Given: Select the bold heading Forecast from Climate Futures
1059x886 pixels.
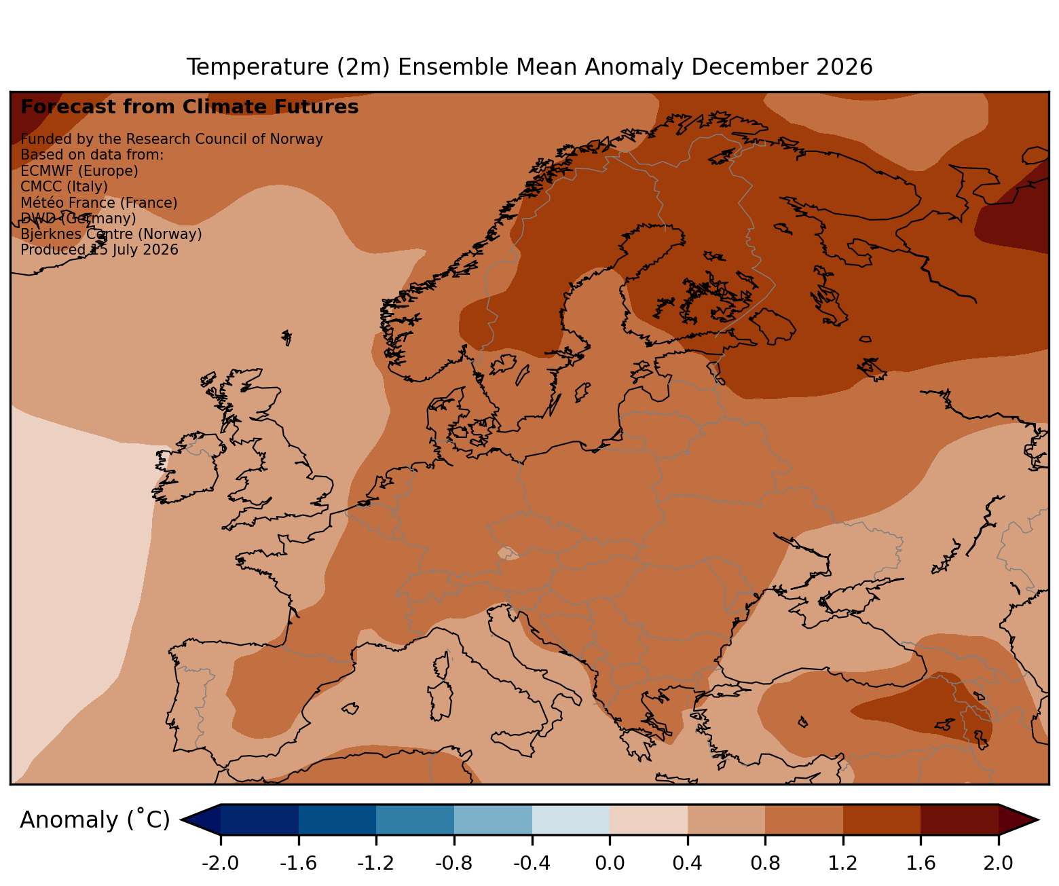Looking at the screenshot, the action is point(189,107).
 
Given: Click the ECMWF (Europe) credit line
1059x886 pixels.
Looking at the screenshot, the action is point(79,171).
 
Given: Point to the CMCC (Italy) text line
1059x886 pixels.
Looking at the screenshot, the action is point(64,187).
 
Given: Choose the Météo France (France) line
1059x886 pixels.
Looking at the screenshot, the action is point(99,203).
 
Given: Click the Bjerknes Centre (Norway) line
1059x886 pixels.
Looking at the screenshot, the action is point(111,234).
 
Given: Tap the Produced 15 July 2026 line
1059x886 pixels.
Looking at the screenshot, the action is point(99,250).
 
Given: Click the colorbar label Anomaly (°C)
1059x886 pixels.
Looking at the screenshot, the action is point(95,819).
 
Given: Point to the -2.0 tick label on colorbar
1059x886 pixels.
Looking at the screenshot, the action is point(220,863).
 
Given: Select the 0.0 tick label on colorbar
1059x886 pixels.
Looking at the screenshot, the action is point(610,863).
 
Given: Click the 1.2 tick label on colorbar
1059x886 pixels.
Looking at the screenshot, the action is point(843,863).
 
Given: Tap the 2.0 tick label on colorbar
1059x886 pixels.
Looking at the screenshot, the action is point(998,863).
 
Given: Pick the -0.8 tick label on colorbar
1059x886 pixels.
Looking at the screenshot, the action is point(454,863).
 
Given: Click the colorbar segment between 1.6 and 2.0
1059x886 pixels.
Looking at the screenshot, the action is point(960,819).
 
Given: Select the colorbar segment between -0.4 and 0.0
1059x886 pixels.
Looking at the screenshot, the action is point(571,819).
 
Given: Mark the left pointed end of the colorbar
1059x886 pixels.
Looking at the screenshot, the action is point(181,819).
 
